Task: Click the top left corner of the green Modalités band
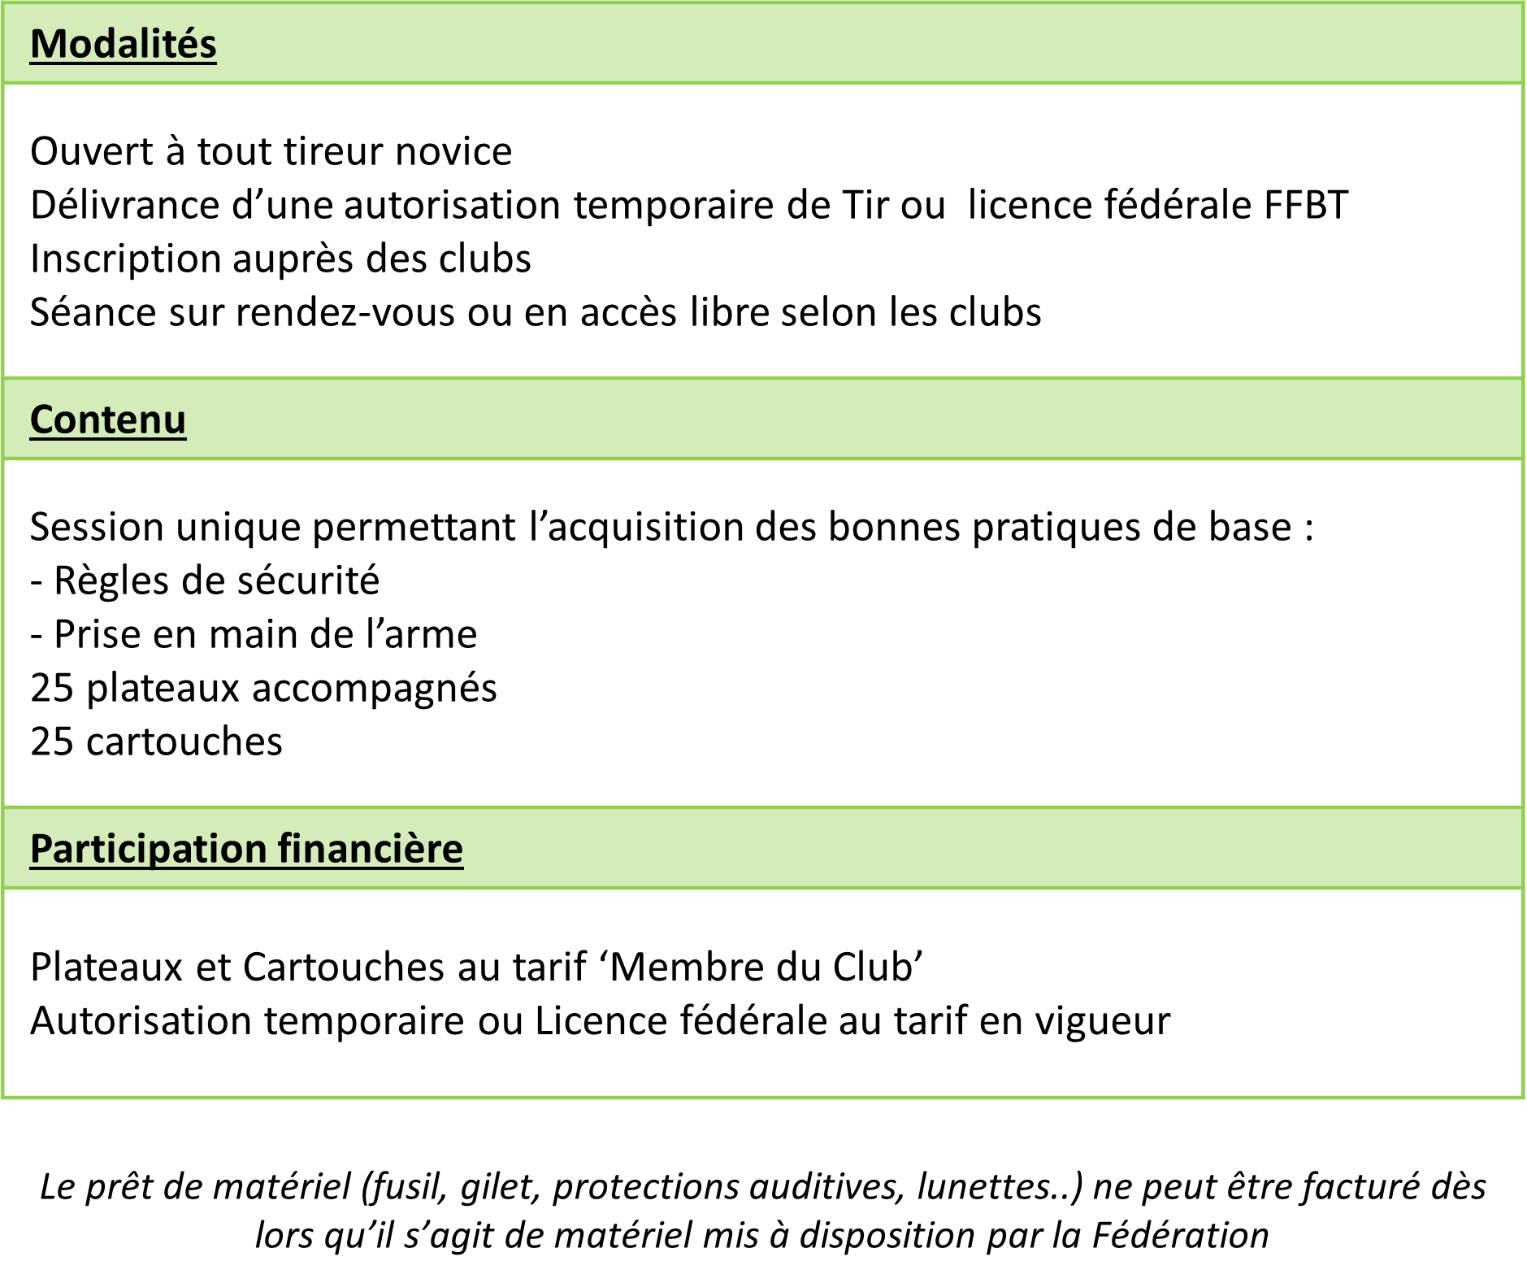(x=2, y=4)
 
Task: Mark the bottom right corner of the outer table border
(x=1523, y=1097)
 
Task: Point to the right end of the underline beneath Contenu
(x=186, y=439)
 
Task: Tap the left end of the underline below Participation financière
(x=31, y=868)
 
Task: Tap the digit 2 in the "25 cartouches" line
(x=41, y=742)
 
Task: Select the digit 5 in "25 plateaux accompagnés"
(x=63, y=688)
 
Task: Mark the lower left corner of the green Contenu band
(x=2, y=458)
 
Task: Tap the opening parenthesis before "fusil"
(x=367, y=1187)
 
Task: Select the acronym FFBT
(x=1307, y=205)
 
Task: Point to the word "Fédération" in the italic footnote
(x=1181, y=1235)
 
